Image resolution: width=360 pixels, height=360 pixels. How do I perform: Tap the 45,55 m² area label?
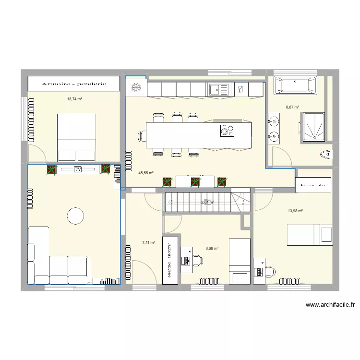pyautogui.click(x=145, y=173)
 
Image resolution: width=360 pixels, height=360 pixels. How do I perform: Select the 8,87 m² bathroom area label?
pyautogui.click(x=292, y=108)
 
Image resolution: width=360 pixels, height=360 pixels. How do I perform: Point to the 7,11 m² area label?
pyautogui.click(x=148, y=243)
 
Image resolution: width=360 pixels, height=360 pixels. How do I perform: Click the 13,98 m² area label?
pyautogui.click(x=295, y=211)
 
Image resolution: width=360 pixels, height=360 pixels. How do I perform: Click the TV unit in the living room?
pyautogui.click(x=77, y=169)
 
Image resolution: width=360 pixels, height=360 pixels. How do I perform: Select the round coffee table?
pyautogui.click(x=76, y=216)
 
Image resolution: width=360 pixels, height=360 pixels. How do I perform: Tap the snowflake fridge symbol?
pyautogui.click(x=136, y=88)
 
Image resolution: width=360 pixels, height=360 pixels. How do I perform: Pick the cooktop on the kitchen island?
pyautogui.click(x=227, y=131)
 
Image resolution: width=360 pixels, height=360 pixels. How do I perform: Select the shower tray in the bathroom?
pyautogui.click(x=313, y=127)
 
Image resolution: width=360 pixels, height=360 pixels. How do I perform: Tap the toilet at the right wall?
pyautogui.click(x=326, y=155)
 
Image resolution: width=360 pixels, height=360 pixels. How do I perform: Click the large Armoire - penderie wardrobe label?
pyautogui.click(x=73, y=84)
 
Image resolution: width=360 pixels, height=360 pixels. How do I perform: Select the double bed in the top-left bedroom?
pyautogui.click(x=77, y=137)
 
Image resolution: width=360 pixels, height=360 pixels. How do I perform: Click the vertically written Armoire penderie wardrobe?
pyautogui.click(x=170, y=259)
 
